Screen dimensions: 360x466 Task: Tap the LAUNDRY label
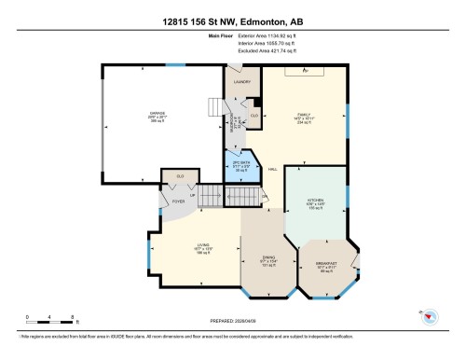point(241,82)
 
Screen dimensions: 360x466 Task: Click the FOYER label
point(178,201)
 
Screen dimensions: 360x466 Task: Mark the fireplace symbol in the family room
point(307,71)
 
